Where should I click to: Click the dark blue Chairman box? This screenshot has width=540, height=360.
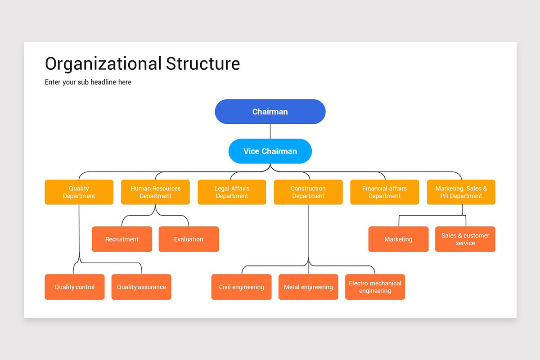tap(270, 112)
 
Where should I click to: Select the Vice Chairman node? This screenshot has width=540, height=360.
tap(270, 151)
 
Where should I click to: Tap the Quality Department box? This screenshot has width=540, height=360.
tap(79, 192)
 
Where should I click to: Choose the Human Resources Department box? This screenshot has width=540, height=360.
tap(155, 192)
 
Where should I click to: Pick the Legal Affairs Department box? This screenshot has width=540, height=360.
tap(232, 192)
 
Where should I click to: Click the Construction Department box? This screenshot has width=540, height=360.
tap(308, 192)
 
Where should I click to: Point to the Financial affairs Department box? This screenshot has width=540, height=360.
tap(384, 192)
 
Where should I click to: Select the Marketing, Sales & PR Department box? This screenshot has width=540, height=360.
tap(461, 192)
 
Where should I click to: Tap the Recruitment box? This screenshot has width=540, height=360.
tap(122, 239)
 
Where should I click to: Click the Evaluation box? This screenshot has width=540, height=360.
tap(189, 239)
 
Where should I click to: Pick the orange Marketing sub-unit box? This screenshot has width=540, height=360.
tap(398, 239)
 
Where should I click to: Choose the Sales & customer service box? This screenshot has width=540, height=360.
tap(465, 239)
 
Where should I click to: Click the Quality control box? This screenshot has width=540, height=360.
tap(75, 287)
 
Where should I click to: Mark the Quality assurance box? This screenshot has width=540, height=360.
tap(141, 287)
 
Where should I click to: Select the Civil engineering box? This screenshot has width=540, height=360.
tap(241, 287)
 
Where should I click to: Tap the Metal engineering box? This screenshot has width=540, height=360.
tap(308, 287)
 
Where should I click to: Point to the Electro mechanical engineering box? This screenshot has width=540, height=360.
tap(375, 287)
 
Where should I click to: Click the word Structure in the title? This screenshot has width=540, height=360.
tap(203, 63)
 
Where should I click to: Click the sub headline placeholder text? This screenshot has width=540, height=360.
tap(88, 82)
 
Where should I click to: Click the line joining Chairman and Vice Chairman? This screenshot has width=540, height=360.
tap(270, 131)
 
